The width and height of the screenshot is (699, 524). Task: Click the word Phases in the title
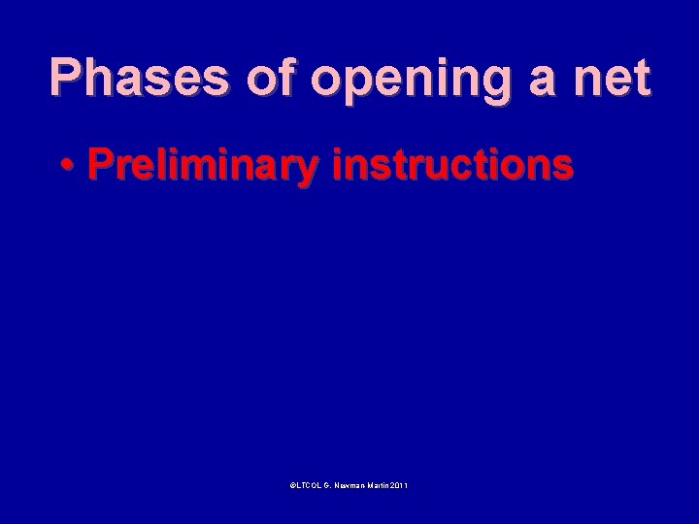tap(136, 78)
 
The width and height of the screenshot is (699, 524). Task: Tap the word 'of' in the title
tap(271, 78)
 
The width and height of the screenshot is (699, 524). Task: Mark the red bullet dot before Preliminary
tap(66, 167)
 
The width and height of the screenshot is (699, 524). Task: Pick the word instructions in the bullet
tap(452, 165)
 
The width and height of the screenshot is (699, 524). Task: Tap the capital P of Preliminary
tap(99, 165)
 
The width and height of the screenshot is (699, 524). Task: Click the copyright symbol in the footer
tap(292, 484)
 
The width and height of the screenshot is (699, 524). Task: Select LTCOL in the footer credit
tap(308, 484)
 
